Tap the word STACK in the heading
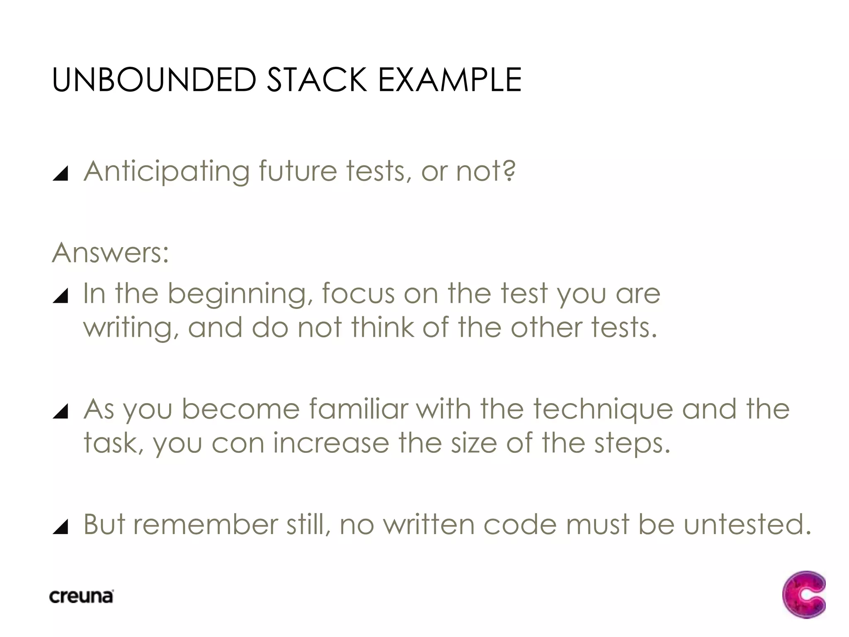pyautogui.click(x=317, y=80)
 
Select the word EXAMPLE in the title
pyautogui.click(x=449, y=80)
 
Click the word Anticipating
pyautogui.click(x=167, y=172)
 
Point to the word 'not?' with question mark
pyautogui.click(x=486, y=171)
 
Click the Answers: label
pyautogui.click(x=111, y=253)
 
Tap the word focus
pyautogui.click(x=358, y=294)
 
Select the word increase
pyautogui.click(x=331, y=443)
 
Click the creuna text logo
pyautogui.click(x=81, y=596)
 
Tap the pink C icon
pyautogui.click(x=803, y=595)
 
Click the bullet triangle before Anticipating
pyautogui.click(x=61, y=173)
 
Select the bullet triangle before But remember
pyautogui.click(x=61, y=527)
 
